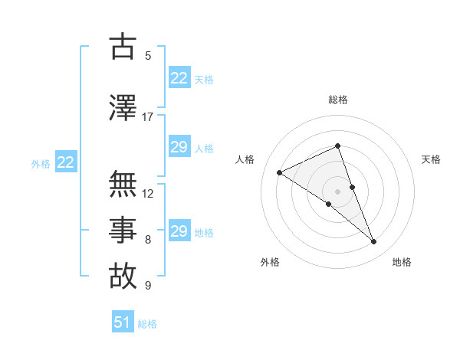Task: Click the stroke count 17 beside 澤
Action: tap(147, 117)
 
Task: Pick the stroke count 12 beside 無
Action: tap(148, 194)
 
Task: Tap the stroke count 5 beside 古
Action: tap(148, 56)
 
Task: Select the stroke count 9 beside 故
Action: tap(148, 286)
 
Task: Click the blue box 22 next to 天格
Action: tap(179, 78)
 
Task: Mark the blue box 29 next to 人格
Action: tap(179, 147)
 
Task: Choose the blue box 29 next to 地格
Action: tap(179, 231)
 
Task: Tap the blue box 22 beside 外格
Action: tap(66, 162)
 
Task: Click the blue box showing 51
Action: tap(123, 322)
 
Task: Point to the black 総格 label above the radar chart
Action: tap(338, 100)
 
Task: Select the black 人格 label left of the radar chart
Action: tap(245, 159)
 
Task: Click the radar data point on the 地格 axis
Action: tap(374, 242)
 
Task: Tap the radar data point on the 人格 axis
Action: tap(280, 172)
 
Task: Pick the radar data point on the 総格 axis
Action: tap(338, 146)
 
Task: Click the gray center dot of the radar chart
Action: tap(338, 191)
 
